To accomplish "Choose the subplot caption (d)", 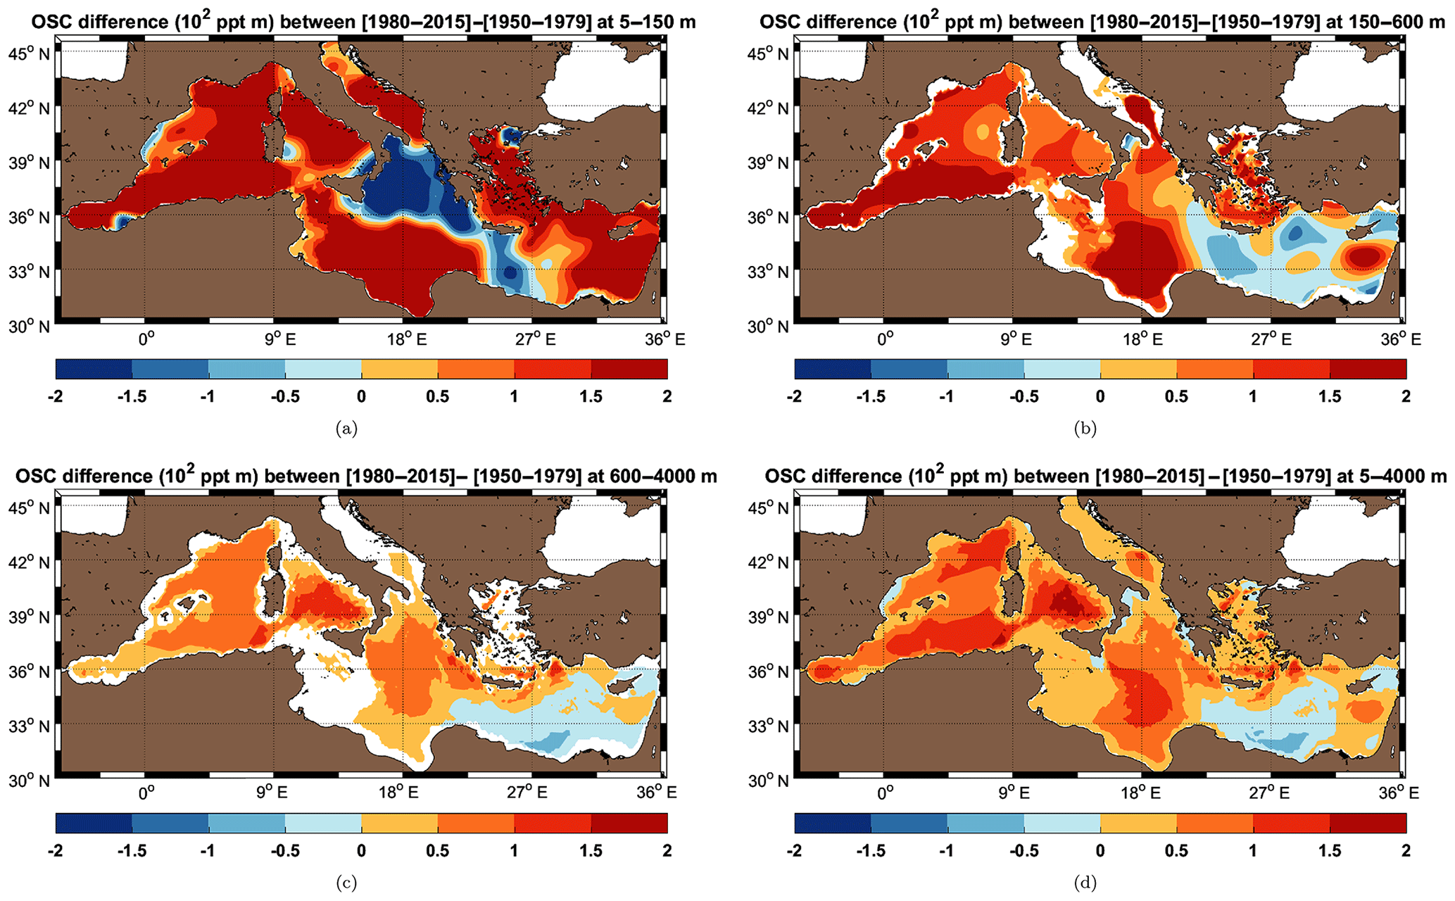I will [x=1085, y=882].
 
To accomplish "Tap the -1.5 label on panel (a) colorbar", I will [x=131, y=397].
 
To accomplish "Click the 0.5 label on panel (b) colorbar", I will [x=1176, y=397].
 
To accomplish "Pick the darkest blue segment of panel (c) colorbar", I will [x=94, y=823].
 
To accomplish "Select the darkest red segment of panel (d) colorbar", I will [x=1368, y=823].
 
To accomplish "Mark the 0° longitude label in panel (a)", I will [x=146, y=340].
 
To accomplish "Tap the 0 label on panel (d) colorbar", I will [x=1100, y=851].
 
